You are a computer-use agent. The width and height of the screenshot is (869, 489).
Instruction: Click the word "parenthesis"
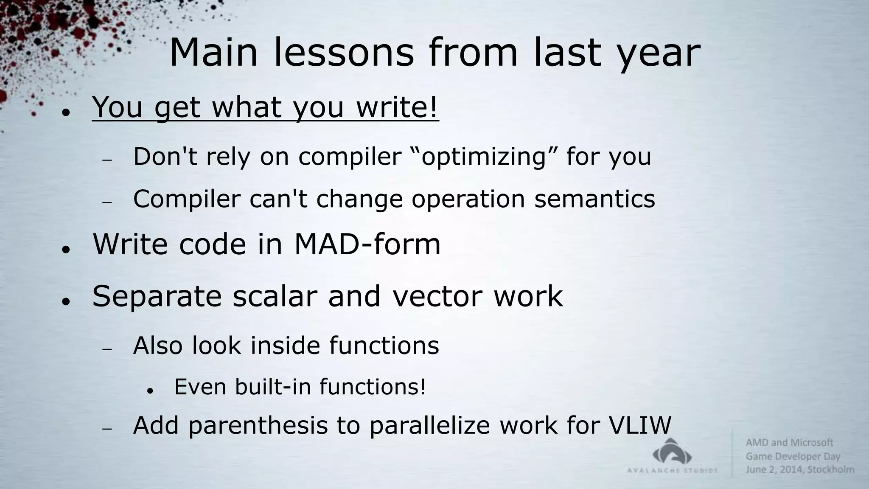[258, 426]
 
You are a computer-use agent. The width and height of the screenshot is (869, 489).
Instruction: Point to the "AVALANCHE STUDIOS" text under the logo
[672, 470]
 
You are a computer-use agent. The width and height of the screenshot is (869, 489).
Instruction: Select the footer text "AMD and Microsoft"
[789, 443]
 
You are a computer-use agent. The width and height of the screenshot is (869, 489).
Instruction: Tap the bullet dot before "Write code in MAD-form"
[65, 249]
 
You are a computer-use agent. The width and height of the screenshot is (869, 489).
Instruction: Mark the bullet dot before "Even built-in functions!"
[149, 390]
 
